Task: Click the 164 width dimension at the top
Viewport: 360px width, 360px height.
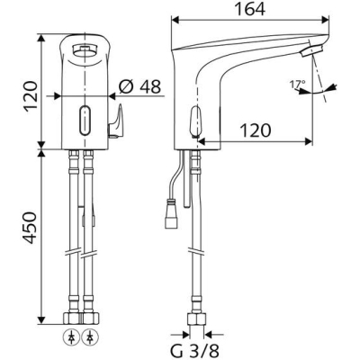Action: coord(249,9)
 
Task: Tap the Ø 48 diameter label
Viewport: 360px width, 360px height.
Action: coord(139,86)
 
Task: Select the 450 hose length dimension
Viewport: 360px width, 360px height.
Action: coord(30,228)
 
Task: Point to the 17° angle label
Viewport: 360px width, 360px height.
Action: coord(296,85)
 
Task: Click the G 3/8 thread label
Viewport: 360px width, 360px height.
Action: coord(195,349)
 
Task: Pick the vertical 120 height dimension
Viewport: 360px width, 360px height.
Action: coord(30,96)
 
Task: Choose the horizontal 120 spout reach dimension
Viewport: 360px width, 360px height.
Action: coord(256,130)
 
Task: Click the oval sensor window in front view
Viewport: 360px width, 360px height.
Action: coord(85,121)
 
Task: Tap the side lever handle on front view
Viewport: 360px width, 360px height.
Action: coord(115,121)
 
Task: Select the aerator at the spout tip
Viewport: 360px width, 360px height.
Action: coord(311,49)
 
